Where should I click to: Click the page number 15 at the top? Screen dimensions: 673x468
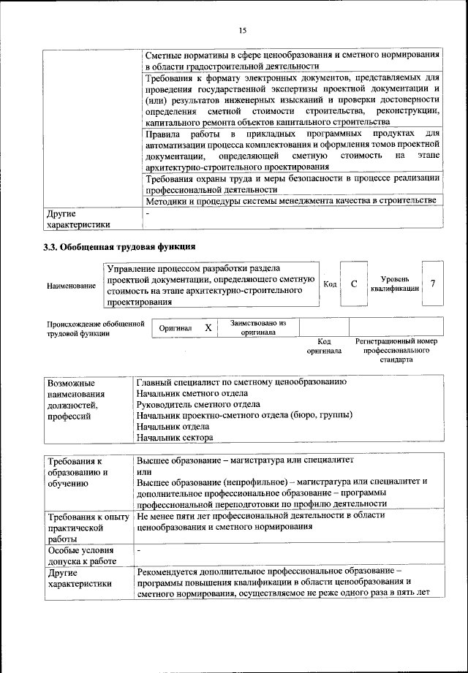(x=243, y=30)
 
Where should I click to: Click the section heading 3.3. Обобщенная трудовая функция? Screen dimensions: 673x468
(x=119, y=246)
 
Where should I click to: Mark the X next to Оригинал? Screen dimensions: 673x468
(x=208, y=328)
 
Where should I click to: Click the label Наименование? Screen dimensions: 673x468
(x=71, y=285)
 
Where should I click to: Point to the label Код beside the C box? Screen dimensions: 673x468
(x=330, y=284)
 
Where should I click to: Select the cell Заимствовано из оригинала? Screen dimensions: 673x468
(x=258, y=327)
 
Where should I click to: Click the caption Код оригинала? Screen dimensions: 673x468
(x=324, y=346)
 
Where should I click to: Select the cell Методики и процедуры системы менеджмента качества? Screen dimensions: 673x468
(x=291, y=199)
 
